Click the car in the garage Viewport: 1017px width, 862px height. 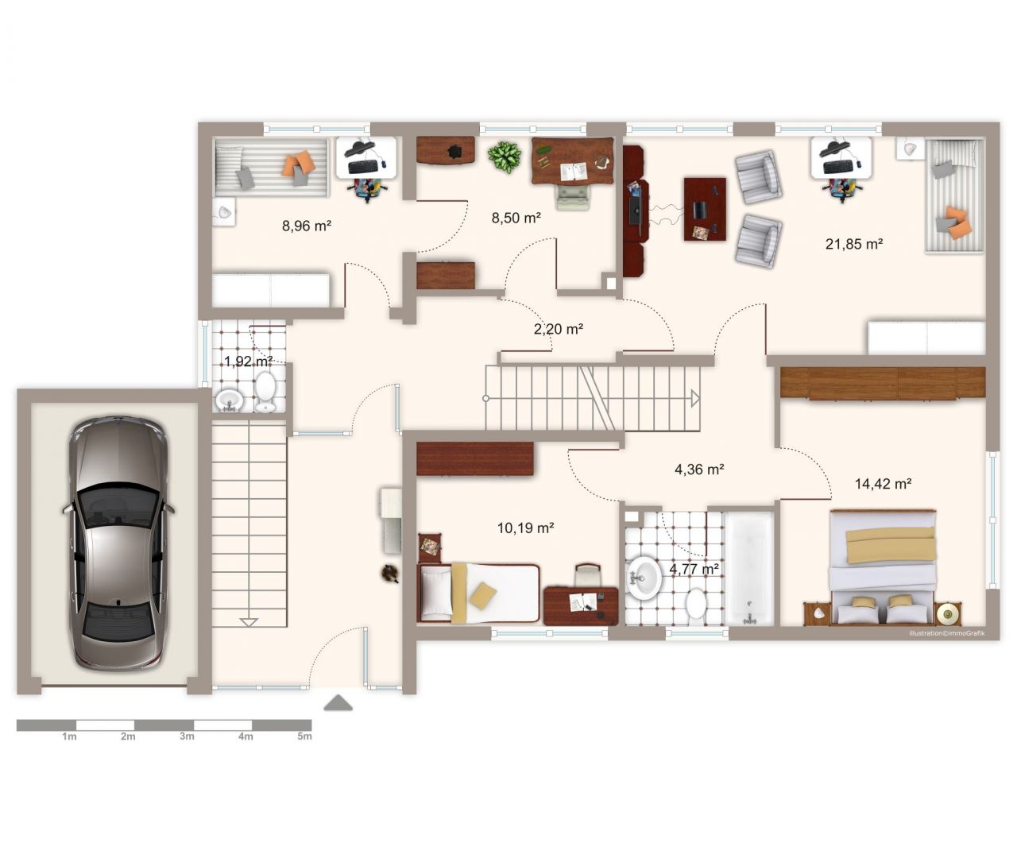[x=118, y=543]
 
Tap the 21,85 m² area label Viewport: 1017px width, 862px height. [x=853, y=244]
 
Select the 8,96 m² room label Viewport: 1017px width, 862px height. [x=306, y=226]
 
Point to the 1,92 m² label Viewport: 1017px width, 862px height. [x=249, y=361]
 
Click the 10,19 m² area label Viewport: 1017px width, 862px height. [x=525, y=528]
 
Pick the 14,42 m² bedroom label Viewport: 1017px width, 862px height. [x=884, y=484]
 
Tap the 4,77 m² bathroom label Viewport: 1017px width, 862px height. [x=694, y=569]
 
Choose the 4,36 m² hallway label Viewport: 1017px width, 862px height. [x=698, y=470]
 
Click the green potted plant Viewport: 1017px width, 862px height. [x=505, y=157]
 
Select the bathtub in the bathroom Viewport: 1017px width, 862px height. [x=749, y=568]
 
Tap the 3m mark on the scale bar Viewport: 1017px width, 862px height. [x=187, y=736]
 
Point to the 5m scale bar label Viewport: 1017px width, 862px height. [x=304, y=736]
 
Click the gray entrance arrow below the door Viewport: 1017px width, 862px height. [x=338, y=703]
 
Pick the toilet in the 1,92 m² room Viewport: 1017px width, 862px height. [x=265, y=392]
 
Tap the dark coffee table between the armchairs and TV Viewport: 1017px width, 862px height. [x=705, y=209]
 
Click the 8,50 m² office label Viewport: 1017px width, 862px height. [x=516, y=218]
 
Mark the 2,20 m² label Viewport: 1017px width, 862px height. [x=559, y=329]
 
